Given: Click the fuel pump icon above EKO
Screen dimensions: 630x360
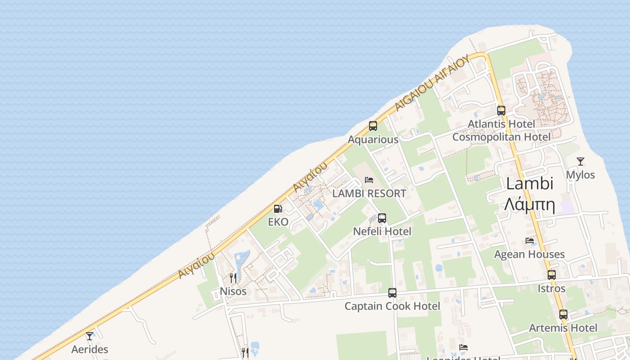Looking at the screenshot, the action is click(x=278, y=209).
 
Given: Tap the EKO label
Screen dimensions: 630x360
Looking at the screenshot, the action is click(x=278, y=222).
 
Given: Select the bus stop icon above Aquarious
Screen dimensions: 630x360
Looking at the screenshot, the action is click(x=373, y=126).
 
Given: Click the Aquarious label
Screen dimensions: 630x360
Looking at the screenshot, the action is click(x=373, y=139).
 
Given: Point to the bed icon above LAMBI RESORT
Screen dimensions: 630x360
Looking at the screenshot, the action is click(x=369, y=180).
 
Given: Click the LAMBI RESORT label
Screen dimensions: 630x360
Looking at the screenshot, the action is click(x=369, y=193).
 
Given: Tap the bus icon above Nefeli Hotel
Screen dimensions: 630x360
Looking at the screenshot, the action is click(x=382, y=218).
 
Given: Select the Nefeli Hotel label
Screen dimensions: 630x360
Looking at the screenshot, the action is click(x=382, y=231).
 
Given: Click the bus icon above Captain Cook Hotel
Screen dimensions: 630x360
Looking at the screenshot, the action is click(x=392, y=293).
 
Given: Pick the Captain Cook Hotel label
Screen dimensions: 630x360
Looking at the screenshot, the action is click(x=392, y=306).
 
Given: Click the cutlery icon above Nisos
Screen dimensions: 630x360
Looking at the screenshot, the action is click(x=233, y=278).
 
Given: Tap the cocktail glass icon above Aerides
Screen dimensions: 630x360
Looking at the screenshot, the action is click(x=90, y=336).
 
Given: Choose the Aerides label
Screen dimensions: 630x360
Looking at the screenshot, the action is click(x=90, y=349).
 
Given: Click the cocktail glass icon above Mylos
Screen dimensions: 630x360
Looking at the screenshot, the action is click(x=580, y=162).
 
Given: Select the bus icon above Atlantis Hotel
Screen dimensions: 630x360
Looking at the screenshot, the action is click(x=501, y=110).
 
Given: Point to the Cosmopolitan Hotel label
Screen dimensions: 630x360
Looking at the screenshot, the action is click(x=501, y=137).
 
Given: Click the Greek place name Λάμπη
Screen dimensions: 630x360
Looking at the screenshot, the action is click(x=529, y=205).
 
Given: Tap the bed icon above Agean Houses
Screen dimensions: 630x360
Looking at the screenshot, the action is click(x=530, y=241).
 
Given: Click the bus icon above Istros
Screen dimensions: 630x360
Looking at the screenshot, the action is click(x=552, y=274).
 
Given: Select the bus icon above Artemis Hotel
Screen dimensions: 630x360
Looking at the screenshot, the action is click(x=563, y=315).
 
